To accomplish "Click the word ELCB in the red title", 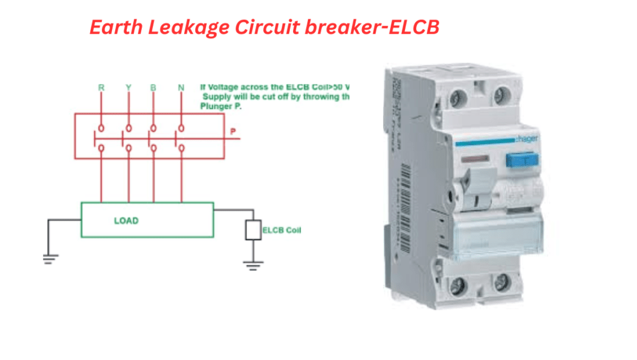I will click(x=416, y=28).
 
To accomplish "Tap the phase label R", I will click(x=101, y=88).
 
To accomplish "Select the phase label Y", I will click(x=128, y=88).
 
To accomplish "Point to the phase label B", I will click(x=154, y=88).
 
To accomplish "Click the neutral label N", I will click(x=181, y=88).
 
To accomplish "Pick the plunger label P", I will click(x=233, y=132).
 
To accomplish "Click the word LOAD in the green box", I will click(x=126, y=221).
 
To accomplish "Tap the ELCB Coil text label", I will click(x=282, y=230).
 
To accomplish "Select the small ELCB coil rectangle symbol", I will click(x=253, y=230).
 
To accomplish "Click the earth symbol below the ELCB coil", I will click(x=253, y=265).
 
